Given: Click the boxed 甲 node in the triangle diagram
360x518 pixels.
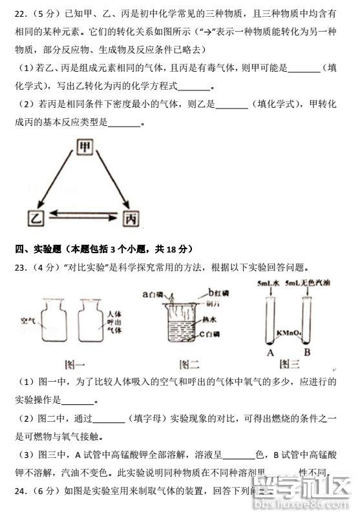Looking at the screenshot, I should (x=83, y=148).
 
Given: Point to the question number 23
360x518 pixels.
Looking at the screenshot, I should (x=21, y=268).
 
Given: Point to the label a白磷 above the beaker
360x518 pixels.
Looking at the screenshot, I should (x=154, y=294).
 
